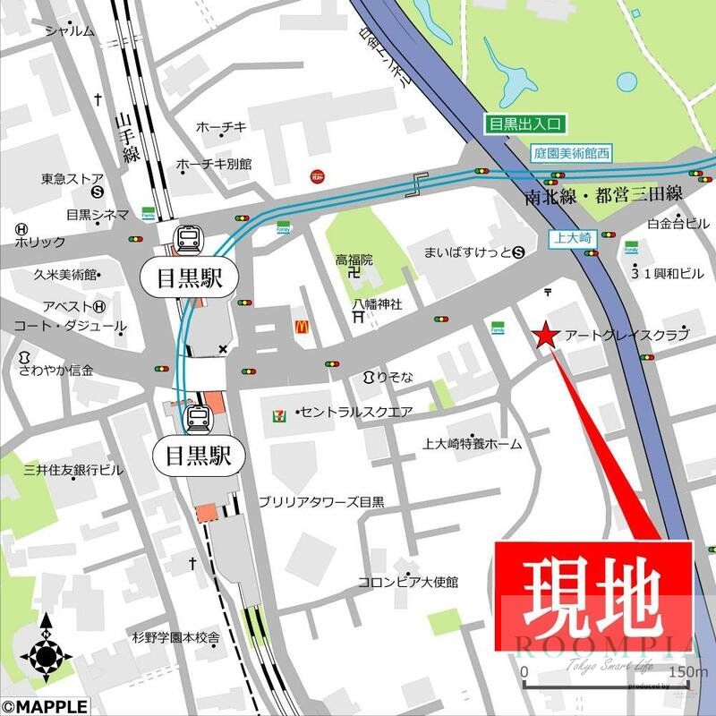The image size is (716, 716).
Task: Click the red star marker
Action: pos(545,336)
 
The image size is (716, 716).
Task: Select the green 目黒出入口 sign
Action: pos(521,125)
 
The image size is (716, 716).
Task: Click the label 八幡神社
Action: pos(377,303)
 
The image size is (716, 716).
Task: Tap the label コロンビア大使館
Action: pos(408,583)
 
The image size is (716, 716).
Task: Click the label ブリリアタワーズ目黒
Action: pos(320,503)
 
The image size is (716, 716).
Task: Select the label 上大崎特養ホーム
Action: pos(473,443)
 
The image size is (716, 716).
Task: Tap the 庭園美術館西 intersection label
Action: pos(569,153)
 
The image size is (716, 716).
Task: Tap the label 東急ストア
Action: pos(72,178)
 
